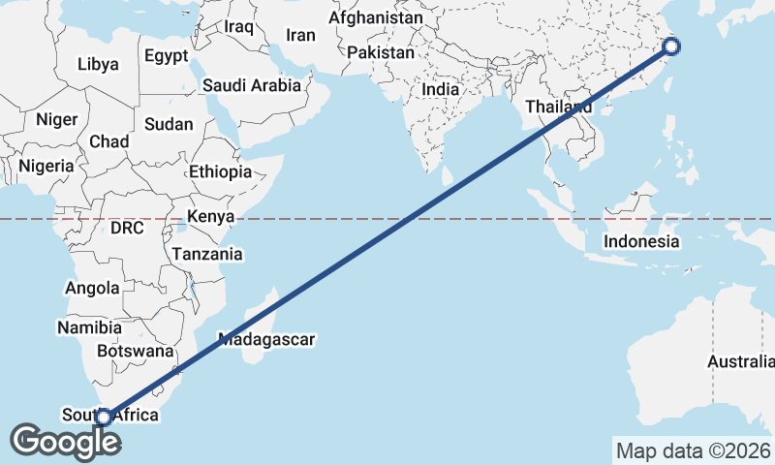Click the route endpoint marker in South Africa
[x=104, y=418]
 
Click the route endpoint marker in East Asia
[x=671, y=46]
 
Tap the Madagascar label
[x=267, y=340]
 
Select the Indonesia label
[x=641, y=241]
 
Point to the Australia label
[x=741, y=362]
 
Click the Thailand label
[x=559, y=107]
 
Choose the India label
[x=440, y=89]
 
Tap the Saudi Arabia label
[x=253, y=85]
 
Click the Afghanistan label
[x=376, y=18]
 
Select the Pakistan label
[x=381, y=52]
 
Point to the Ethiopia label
[x=221, y=171]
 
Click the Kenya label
[x=211, y=216]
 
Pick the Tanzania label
[x=207, y=255]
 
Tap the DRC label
[x=127, y=229]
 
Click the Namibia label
[x=88, y=327]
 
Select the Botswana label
[x=135, y=352]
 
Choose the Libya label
[x=98, y=65]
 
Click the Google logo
[x=66, y=442]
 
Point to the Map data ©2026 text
[x=693, y=450]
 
